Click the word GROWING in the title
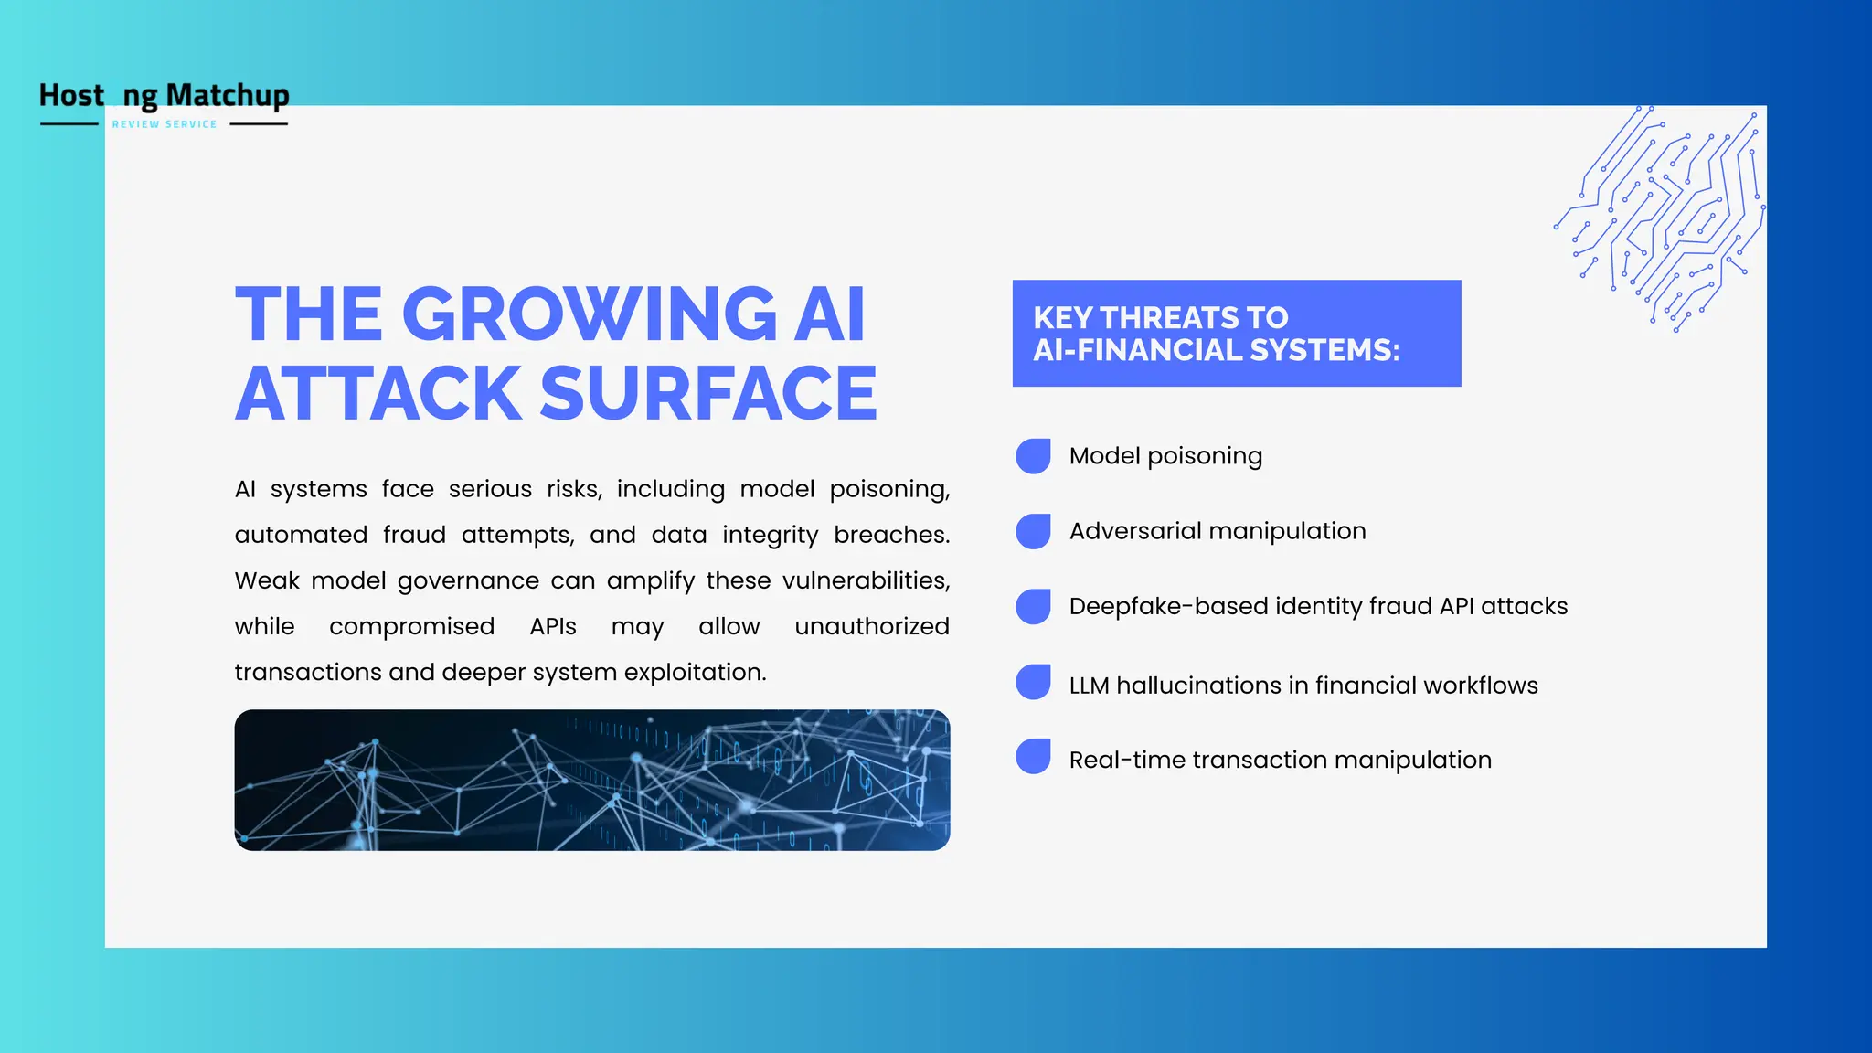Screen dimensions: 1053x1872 pyautogui.click(x=590, y=314)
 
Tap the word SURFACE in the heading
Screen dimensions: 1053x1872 pyautogui.click(x=708, y=394)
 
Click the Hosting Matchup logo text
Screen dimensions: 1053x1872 pyautogui.click(x=165, y=95)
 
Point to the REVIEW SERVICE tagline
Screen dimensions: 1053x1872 pyautogui.click(x=165, y=124)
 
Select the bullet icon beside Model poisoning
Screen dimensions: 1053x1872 pyautogui.click(x=1034, y=456)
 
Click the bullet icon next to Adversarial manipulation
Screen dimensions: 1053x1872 pyautogui.click(x=1034, y=531)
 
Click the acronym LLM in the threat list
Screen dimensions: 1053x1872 pyautogui.click(x=1089, y=686)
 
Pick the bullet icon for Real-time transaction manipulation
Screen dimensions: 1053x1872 pyautogui.click(x=1034, y=757)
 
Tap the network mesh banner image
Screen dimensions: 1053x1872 pyautogui.click(x=592, y=780)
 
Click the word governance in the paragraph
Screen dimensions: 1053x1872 pyautogui.click(x=468, y=581)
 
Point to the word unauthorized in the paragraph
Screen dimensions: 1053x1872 pyautogui.click(x=872, y=626)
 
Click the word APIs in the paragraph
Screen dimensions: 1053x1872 pyautogui.click(x=553, y=626)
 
